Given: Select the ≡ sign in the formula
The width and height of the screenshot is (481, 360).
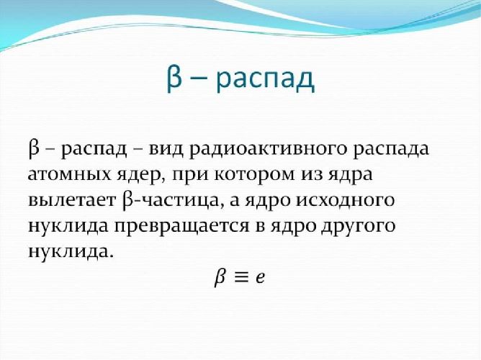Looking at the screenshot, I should (240, 277).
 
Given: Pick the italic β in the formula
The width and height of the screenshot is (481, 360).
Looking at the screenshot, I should (220, 277).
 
